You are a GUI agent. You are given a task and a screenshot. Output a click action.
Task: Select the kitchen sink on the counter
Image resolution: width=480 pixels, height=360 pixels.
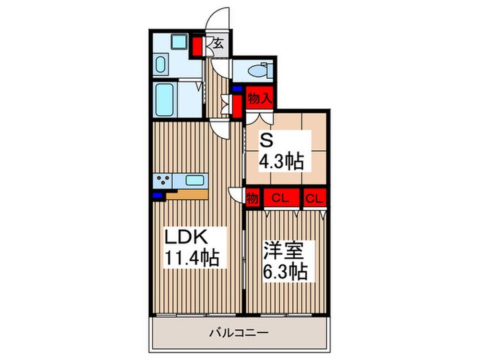point(195,181)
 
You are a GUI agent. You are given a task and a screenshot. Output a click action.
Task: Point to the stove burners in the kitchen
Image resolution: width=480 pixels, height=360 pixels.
point(165,181)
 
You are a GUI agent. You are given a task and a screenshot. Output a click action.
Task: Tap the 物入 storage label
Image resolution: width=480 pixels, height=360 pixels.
point(261,97)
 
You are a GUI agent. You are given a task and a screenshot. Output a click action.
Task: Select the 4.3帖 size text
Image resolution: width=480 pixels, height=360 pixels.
point(281,163)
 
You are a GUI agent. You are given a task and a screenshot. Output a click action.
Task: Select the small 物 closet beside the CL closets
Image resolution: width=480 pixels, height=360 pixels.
point(252,199)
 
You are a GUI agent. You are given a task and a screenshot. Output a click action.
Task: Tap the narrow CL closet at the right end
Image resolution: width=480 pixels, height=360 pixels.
point(314,199)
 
